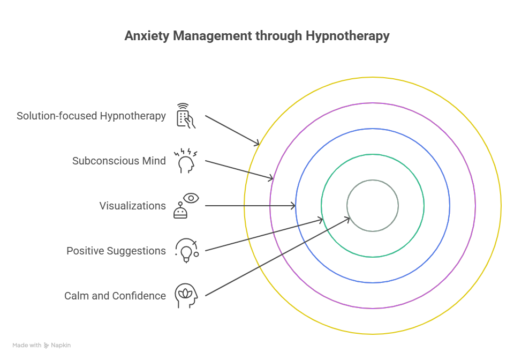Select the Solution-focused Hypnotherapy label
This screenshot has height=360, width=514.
pyautogui.click(x=91, y=116)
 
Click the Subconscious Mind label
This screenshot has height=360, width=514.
pyautogui.click(x=119, y=161)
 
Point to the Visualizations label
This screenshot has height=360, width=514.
pyautogui.click(x=132, y=206)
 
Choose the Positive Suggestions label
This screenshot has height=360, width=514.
pyautogui.click(x=116, y=251)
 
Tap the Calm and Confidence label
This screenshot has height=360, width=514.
pyautogui.click(x=115, y=296)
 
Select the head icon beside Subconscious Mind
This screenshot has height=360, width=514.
pyautogui.click(x=186, y=161)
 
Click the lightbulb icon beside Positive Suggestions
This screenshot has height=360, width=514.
pyautogui.click(x=186, y=251)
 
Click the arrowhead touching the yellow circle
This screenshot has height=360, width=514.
pyautogui.click(x=258, y=143)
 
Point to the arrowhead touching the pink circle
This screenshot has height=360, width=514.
pyautogui.click(x=272, y=178)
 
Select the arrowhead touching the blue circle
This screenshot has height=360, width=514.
pyautogui.click(x=293, y=206)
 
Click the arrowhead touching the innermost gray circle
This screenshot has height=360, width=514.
pyautogui.click(x=348, y=217)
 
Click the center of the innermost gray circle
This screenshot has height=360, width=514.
pyautogui.click(x=373, y=206)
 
